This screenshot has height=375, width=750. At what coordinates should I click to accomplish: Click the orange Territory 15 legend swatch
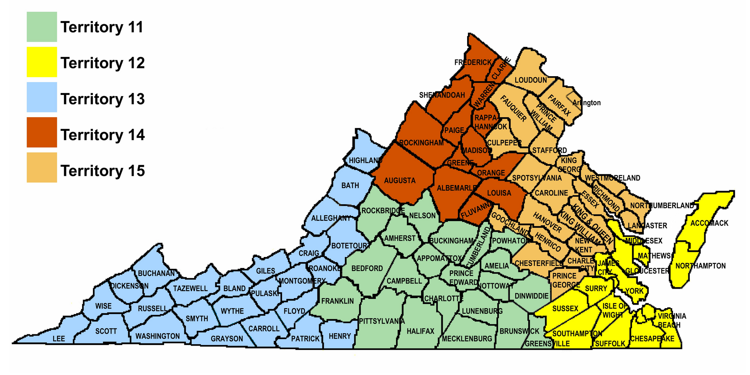42,168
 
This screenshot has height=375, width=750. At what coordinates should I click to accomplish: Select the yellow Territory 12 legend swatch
42,62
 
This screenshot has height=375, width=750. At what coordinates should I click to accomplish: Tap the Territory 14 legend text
102,135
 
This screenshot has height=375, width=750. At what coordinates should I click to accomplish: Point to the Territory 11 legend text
102,27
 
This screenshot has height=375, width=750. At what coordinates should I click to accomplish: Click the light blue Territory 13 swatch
42,97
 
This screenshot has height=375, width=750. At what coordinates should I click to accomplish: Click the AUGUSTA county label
400,180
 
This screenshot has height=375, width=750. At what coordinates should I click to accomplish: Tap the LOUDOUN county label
530,80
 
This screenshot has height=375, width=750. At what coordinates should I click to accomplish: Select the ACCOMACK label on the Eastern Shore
709,223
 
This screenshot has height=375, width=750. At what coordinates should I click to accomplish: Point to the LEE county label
59,338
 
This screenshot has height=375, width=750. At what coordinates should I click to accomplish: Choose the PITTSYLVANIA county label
382,321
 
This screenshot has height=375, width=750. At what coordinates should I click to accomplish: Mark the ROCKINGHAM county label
421,143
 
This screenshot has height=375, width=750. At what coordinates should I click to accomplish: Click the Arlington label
586,103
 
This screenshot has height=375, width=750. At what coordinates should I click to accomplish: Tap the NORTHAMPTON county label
700,266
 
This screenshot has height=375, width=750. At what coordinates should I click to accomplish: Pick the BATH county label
350,186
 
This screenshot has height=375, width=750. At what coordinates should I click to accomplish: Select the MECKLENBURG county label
467,339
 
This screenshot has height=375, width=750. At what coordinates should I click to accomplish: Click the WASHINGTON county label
157,336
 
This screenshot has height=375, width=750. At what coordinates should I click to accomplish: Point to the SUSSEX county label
565,309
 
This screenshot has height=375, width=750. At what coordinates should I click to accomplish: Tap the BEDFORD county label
367,268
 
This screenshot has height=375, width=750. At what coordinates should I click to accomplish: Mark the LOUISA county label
499,193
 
